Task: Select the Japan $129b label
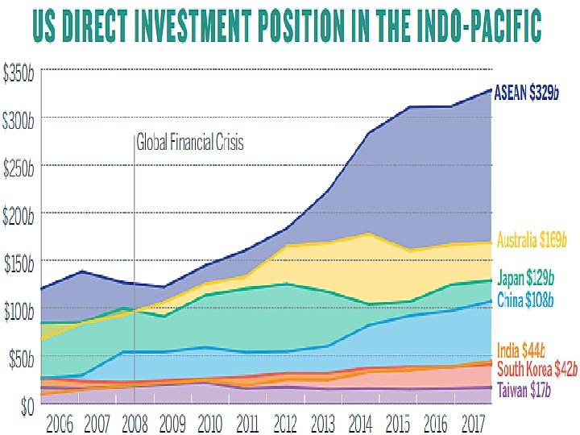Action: point(526,280)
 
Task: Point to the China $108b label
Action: point(526,300)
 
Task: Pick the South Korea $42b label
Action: point(537,370)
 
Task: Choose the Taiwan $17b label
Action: point(524,391)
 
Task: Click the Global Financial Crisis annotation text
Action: point(190,144)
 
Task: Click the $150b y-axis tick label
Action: point(19,263)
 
